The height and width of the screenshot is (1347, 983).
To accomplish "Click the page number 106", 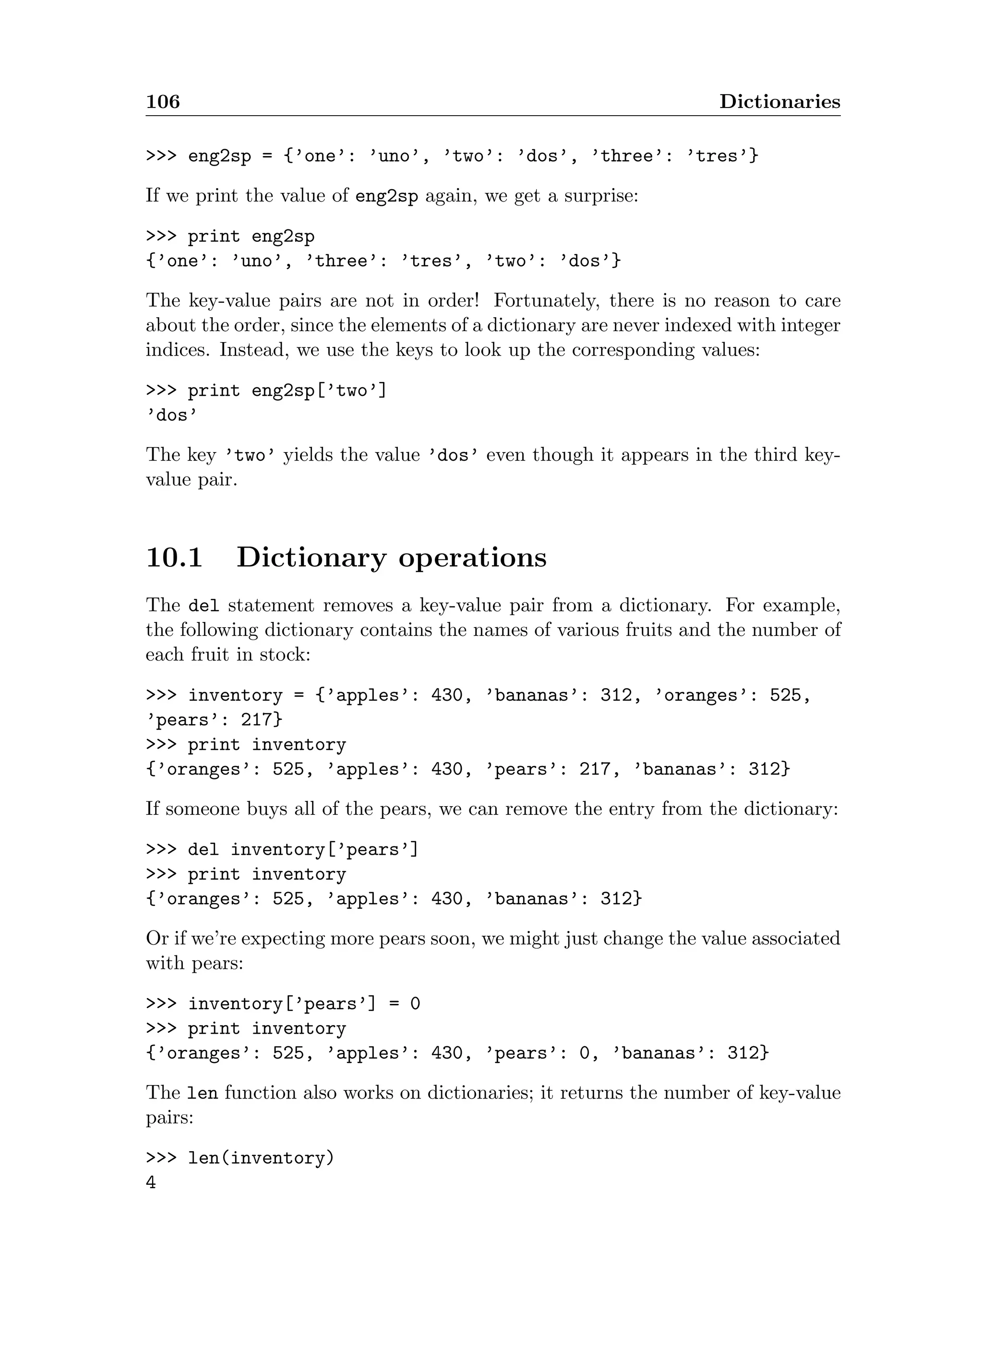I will pos(162,102).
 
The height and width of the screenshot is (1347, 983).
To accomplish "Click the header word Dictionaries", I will pos(779,102).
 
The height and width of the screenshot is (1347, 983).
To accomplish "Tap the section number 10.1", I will pos(174,558).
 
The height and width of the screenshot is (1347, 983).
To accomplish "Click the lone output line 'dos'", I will pos(171,415).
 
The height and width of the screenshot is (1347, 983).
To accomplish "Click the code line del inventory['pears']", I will pos(282,849).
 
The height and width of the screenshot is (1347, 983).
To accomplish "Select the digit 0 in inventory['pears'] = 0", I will pos(415,1004).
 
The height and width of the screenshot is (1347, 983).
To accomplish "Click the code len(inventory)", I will pos(261,1158).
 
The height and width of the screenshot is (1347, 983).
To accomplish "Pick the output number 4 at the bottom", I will pos(151,1182).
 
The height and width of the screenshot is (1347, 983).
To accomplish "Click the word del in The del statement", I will pos(204,606).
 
